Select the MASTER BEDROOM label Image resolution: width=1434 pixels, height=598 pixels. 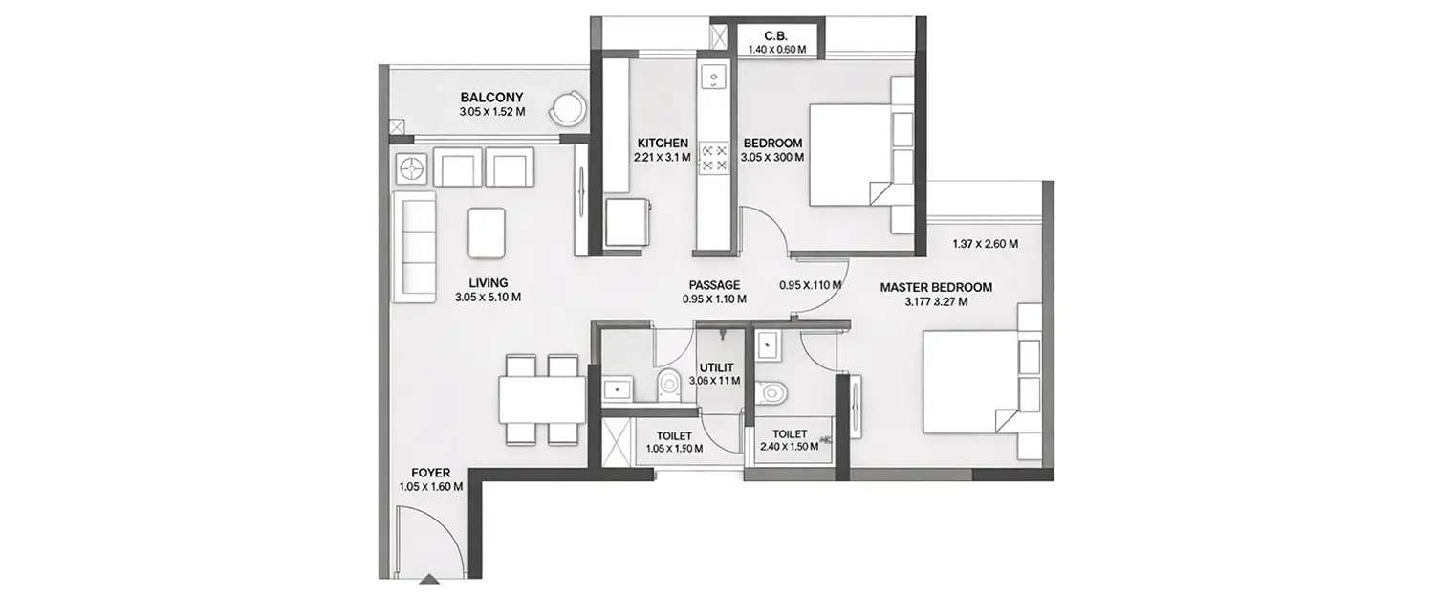[x=935, y=287]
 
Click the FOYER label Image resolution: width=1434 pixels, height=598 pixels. [x=430, y=473]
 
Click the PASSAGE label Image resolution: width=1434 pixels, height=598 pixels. [x=714, y=285]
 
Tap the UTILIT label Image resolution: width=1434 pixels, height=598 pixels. [x=715, y=367]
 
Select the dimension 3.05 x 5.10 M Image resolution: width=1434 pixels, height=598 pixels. [x=488, y=298]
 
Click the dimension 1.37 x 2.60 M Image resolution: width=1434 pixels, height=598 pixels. [x=985, y=244]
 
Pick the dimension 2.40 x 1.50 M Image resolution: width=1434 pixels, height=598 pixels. [x=790, y=447]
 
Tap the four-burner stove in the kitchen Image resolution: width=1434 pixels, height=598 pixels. [x=713, y=158]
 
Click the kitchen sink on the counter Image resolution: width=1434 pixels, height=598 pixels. [x=713, y=78]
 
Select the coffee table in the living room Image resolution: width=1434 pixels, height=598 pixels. [x=487, y=233]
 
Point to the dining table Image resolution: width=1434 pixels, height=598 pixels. [x=542, y=399]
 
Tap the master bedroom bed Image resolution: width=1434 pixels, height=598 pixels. [x=967, y=383]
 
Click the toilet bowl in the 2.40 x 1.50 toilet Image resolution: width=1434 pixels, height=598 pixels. [x=771, y=392]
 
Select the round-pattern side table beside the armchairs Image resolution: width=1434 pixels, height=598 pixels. [x=412, y=168]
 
